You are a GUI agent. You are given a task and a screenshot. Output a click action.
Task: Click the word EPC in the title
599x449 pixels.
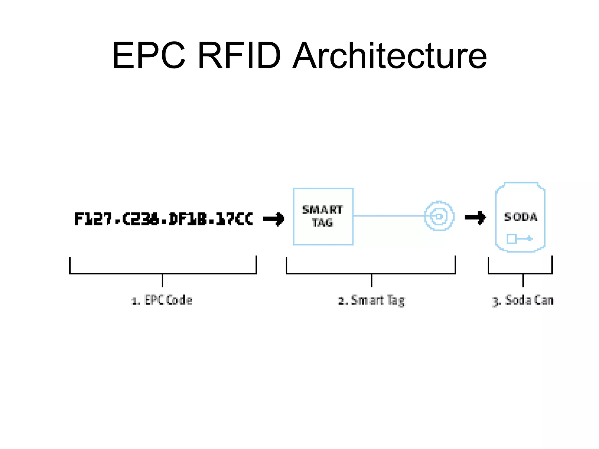149,56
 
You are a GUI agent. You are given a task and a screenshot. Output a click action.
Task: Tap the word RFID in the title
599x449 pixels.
239,56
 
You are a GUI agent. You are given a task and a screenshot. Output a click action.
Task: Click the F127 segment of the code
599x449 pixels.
93,219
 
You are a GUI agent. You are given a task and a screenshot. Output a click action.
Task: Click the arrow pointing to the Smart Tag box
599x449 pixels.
273,219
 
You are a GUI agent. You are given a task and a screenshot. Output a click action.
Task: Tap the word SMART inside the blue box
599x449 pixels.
322,210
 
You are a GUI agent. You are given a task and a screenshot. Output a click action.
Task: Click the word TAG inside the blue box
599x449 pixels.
322,223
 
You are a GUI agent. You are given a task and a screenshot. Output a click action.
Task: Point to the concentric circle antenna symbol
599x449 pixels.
439,216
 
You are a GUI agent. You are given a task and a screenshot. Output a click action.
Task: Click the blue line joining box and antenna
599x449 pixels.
389,216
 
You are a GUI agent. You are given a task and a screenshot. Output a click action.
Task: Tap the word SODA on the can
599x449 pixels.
521,217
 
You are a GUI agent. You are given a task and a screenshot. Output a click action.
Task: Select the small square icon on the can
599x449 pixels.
512,239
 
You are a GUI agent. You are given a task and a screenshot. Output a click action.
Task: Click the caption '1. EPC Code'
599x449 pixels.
162,300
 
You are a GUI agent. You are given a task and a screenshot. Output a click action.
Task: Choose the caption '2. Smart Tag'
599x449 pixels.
371,300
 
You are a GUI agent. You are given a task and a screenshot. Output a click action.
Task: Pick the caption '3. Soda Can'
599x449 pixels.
523,300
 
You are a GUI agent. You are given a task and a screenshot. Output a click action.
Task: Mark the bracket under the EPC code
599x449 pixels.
163,273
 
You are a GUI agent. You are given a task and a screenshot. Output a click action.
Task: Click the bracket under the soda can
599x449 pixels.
520,273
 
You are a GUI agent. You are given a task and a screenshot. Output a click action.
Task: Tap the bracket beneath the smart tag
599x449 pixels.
371,273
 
